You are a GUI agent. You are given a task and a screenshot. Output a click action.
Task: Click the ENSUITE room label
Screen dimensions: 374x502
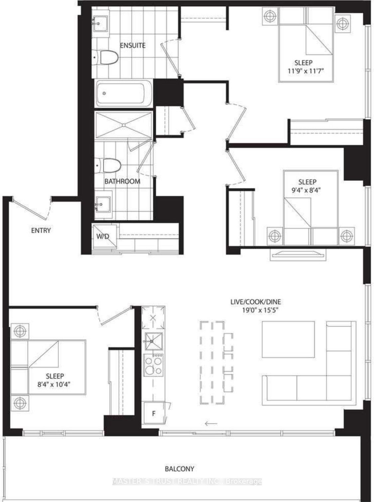[133, 45]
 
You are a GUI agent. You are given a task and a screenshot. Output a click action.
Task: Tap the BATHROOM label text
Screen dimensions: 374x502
[122, 181]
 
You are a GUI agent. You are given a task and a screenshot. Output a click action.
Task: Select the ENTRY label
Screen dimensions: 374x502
[41, 230]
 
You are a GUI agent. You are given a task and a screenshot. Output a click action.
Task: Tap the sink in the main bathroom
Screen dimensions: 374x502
[103, 205]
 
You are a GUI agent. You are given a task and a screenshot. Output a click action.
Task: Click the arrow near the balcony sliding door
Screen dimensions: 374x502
[211, 424]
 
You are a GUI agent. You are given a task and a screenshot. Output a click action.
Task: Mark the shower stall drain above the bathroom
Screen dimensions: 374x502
[124, 125]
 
